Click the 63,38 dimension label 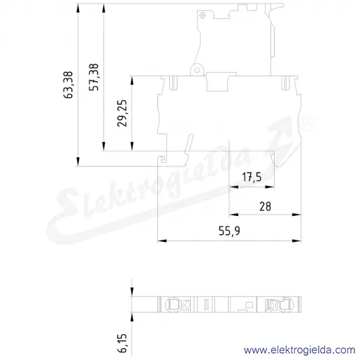[x=69, y=85]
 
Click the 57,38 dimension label [x=94, y=77]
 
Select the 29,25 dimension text [x=122, y=113]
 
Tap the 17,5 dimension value [x=252, y=177]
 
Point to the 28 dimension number [x=265, y=206]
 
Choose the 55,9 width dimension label [x=229, y=231]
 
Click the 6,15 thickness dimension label [x=122, y=343]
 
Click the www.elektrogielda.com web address [x=300, y=350]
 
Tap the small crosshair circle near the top [x=203, y=15]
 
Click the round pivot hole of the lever [x=197, y=70]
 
